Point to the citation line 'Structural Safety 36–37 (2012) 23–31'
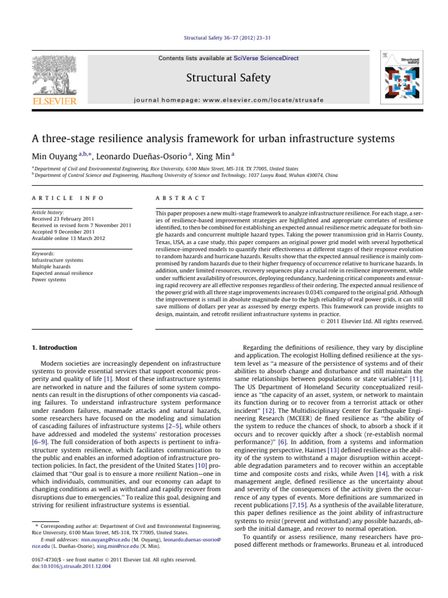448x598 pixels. click(223, 39)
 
